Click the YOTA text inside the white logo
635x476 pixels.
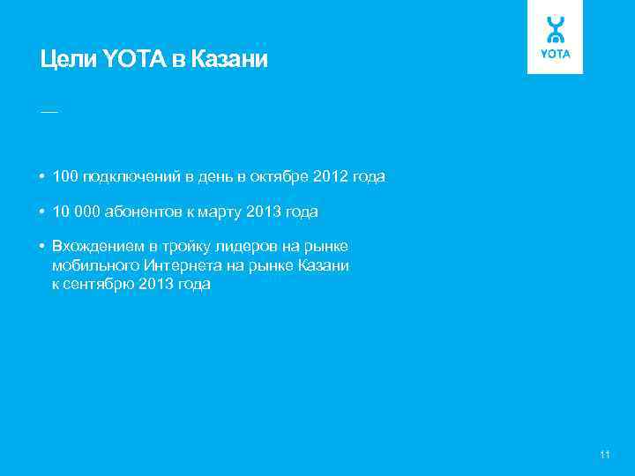(x=556, y=55)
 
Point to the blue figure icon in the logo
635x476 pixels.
(x=556, y=29)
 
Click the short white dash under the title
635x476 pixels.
(x=49, y=113)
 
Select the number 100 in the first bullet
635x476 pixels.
(x=65, y=177)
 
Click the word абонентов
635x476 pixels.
(x=141, y=212)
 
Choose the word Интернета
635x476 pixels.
(x=190, y=265)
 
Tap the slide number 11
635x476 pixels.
(x=604, y=455)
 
